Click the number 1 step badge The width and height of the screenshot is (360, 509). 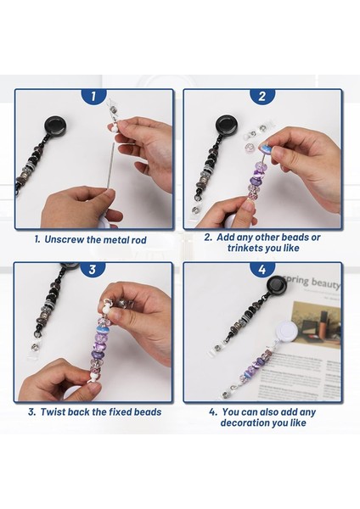tap(93, 97)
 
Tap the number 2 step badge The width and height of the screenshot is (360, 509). tap(262, 97)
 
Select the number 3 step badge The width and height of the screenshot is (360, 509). tap(93, 270)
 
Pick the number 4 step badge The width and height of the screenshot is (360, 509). tap(262, 270)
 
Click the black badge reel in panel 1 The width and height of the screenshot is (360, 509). tap(53, 126)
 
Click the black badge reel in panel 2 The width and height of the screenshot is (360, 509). tap(226, 125)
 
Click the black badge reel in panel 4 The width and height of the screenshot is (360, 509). tap(276, 286)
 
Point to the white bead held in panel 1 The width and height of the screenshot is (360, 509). tap(113, 130)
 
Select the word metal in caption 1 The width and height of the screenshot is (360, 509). tap(116, 239)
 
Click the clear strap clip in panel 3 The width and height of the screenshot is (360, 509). tap(33, 349)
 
